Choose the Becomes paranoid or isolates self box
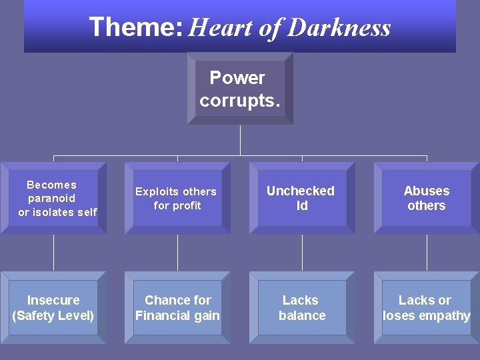pyautogui.click(x=53, y=198)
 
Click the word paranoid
pyautogui.click(x=52, y=198)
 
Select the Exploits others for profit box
pyautogui.click(x=177, y=198)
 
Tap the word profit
pyautogui.click(x=186, y=206)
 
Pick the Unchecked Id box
pyautogui.click(x=302, y=198)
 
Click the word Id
pyautogui.click(x=302, y=206)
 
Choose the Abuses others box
pyautogui.click(x=427, y=198)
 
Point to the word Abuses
pyautogui.click(x=427, y=191)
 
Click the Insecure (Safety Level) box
pyautogui.click(x=53, y=307)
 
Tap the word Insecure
pyautogui.click(x=53, y=300)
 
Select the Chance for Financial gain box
pyautogui.click(x=177, y=307)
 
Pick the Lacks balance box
pyautogui.click(x=302, y=307)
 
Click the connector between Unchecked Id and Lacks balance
pyautogui.click(x=302, y=253)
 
